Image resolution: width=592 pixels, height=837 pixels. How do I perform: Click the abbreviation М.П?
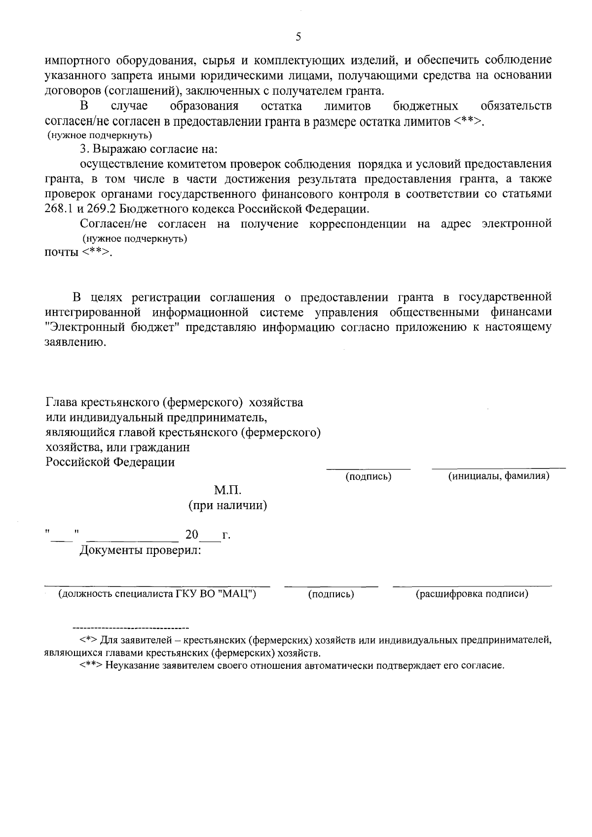(x=227, y=490)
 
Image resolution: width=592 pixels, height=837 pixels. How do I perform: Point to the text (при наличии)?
(x=227, y=506)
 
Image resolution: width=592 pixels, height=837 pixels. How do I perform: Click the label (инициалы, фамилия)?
(x=498, y=476)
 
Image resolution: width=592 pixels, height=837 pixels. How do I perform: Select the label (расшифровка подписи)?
(x=472, y=594)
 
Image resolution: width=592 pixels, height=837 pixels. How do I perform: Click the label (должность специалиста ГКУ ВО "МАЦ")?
(x=157, y=594)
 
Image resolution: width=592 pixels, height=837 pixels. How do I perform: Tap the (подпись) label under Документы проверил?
(x=331, y=594)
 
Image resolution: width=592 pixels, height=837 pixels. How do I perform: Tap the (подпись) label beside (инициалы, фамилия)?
(x=369, y=476)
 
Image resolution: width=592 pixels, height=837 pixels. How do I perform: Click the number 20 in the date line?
(x=191, y=535)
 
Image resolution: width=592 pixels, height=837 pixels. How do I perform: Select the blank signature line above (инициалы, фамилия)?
(x=498, y=467)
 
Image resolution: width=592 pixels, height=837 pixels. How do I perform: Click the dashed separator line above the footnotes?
(x=131, y=628)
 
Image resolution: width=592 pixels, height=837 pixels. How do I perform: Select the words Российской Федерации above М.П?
(x=110, y=463)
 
